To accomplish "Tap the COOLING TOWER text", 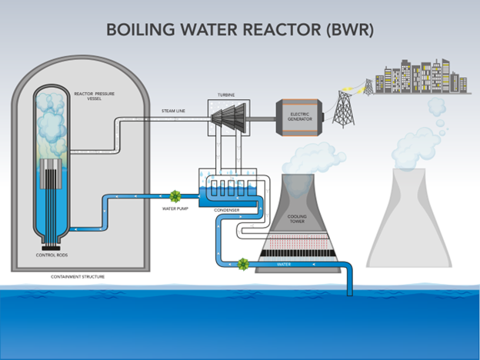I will pos(297,219).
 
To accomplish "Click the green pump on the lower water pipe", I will pos(243,263).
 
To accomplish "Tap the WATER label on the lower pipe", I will pos(285,264).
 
